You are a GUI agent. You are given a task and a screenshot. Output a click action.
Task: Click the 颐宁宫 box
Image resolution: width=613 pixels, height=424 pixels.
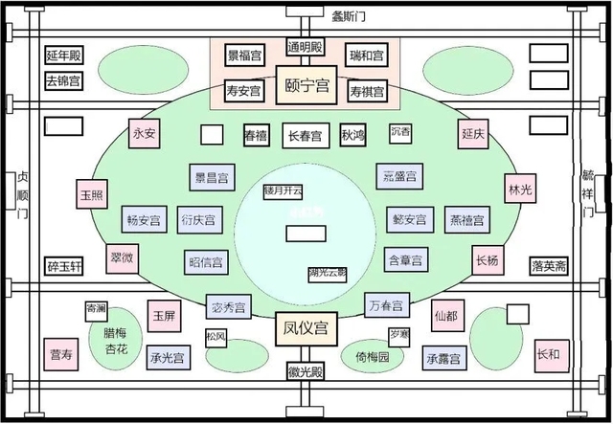pyautogui.click(x=306, y=83)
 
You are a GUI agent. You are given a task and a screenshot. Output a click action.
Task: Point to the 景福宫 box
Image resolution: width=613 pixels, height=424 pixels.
pyautogui.click(x=244, y=56)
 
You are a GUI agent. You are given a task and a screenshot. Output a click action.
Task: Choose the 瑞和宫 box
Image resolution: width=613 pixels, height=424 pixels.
pyautogui.click(x=366, y=56)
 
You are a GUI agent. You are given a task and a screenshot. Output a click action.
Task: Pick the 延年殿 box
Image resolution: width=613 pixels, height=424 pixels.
pyautogui.click(x=63, y=56)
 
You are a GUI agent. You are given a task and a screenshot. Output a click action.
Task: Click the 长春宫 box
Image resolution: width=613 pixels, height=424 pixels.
pyautogui.click(x=306, y=136)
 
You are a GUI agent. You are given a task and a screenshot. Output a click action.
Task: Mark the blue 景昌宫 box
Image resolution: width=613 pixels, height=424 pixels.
pyautogui.click(x=211, y=177)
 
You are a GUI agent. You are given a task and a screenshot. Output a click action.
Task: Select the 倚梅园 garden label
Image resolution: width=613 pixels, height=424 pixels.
pyautogui.click(x=373, y=357)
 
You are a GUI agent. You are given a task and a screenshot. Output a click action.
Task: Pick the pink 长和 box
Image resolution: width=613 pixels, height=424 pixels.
pyautogui.click(x=548, y=354)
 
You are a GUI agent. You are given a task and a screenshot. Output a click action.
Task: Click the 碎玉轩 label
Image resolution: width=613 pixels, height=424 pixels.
pyautogui.click(x=64, y=265)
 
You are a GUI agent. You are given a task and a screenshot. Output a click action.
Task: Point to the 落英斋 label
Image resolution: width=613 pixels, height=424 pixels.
pyautogui.click(x=549, y=265)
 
